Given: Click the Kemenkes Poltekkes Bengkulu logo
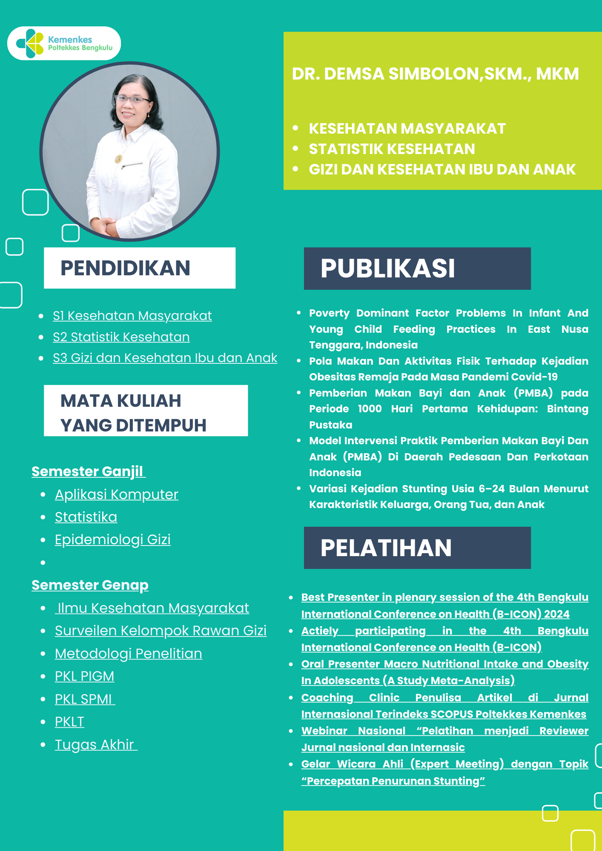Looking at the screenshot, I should coord(64,43).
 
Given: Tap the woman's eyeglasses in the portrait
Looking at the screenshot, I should coord(133,100).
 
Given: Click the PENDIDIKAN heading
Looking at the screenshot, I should coord(125,268).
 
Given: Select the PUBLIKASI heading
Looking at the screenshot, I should coord(388,268).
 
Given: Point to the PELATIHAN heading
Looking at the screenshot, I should coord(386,548).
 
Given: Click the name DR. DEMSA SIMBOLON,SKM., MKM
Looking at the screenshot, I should coord(435,74).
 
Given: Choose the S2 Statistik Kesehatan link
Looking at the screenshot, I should coord(121,337).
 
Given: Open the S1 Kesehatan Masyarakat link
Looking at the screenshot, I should coord(132,316).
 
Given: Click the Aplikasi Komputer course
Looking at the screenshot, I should coord(117,494).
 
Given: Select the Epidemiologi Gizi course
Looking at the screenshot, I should coord(113,540).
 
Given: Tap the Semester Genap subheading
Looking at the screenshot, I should coord(90,585).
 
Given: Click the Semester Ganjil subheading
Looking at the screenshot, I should coord(88,471).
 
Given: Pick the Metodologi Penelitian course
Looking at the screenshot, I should coord(129,654).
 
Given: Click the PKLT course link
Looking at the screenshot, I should coord(69,722).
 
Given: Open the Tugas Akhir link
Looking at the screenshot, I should coord(95,745).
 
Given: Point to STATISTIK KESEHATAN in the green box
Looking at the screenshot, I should coord(392,149).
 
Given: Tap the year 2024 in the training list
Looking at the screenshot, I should coord(556,614).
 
